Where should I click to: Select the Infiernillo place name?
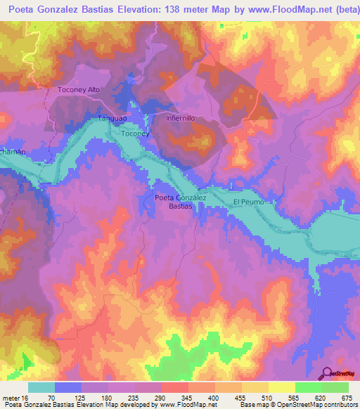(x=185, y=119)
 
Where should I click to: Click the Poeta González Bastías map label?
(x=181, y=202)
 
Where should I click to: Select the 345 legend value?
(x=187, y=397)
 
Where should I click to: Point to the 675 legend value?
(x=347, y=397)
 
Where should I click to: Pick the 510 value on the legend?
(x=266, y=397)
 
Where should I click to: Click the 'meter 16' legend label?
(x=15, y=397)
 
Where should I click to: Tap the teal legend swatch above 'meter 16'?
(x=41, y=387)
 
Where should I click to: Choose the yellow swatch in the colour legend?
(x=282, y=387)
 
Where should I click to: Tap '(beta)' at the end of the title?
(x=338, y=8)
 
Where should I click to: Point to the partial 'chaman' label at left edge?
(x=12, y=152)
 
